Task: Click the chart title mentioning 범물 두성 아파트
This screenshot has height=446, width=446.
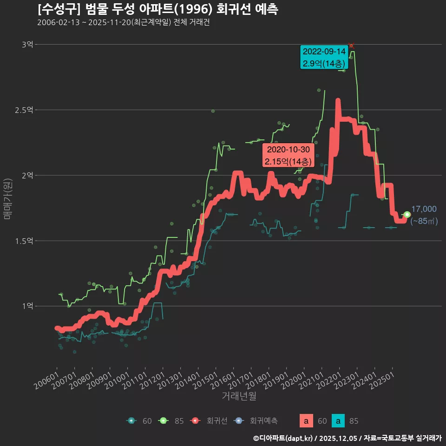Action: click(158, 9)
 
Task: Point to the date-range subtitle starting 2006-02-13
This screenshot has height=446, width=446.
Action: click(123, 22)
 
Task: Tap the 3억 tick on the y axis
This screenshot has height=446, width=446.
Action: click(27, 45)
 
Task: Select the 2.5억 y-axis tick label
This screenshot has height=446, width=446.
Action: click(24, 110)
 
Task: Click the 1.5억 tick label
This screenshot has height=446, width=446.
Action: click(24, 241)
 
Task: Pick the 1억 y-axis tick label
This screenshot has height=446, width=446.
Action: click(27, 306)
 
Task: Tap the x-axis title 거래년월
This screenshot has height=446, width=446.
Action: click(239, 396)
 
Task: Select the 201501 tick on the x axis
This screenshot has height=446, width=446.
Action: click(205, 380)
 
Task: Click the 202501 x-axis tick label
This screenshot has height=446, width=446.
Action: click(381, 380)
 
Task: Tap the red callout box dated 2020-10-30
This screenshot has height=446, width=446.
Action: click(288, 156)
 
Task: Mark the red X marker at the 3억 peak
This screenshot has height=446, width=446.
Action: click(352, 46)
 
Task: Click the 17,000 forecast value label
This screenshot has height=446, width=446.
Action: click(423, 209)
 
